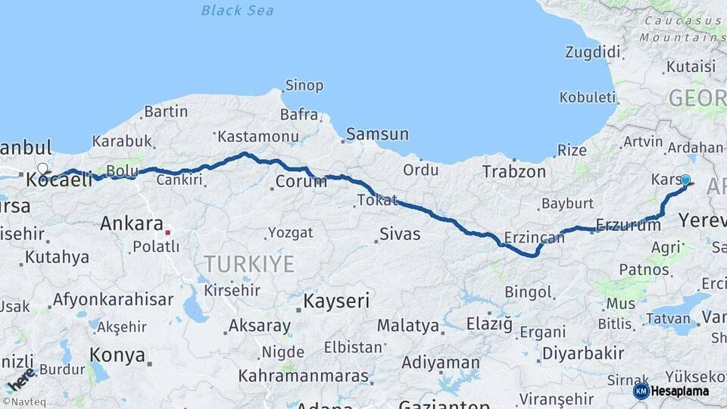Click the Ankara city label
[132, 224]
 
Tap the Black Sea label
[237, 11]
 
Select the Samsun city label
[377, 135]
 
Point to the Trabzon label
[514, 172]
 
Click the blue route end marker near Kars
[685, 180]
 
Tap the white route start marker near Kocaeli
[43, 169]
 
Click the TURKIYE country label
[248, 264]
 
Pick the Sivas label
[400, 234]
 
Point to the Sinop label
[304, 86]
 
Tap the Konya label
[117, 354]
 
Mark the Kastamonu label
[257, 137]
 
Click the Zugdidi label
[592, 52]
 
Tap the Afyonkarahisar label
[114, 299]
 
